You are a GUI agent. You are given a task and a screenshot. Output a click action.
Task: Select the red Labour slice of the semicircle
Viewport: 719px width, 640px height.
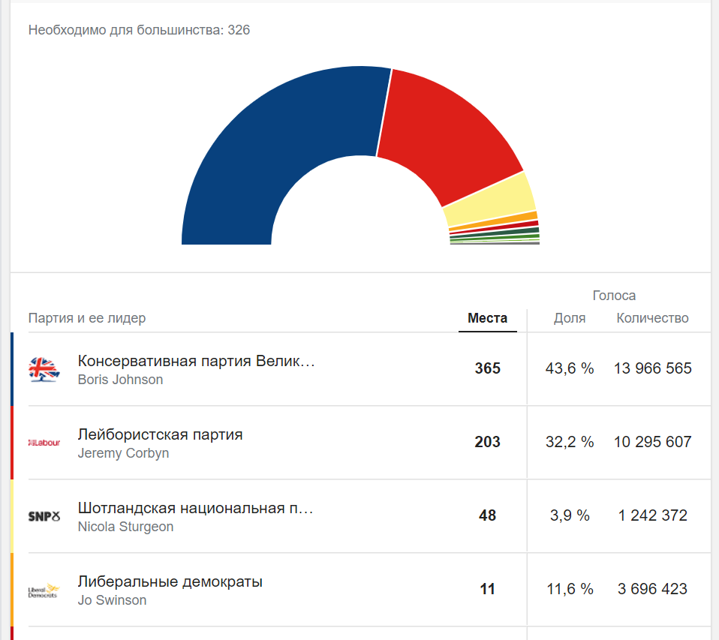pyautogui.click(x=443, y=128)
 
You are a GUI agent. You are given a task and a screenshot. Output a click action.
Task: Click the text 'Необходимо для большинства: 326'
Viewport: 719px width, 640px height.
pyautogui.click(x=139, y=30)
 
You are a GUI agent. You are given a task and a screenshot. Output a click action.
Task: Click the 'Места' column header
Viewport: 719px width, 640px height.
pyautogui.click(x=487, y=318)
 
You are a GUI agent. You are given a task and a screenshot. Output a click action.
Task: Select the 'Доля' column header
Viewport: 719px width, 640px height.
pyautogui.click(x=570, y=318)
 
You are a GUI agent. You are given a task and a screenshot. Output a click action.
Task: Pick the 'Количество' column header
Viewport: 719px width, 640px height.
pyautogui.click(x=652, y=318)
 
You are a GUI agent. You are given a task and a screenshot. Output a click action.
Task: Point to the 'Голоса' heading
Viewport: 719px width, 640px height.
pyautogui.click(x=614, y=296)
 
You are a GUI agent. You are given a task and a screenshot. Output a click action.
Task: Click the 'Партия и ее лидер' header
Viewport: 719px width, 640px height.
pyautogui.click(x=87, y=318)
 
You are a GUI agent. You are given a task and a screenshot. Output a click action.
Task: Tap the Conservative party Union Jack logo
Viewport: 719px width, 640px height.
pyautogui.click(x=44, y=369)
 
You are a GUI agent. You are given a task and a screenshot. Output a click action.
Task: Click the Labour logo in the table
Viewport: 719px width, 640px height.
pyautogui.click(x=44, y=443)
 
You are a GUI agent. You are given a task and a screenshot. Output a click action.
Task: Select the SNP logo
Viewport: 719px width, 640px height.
pyautogui.click(x=44, y=516)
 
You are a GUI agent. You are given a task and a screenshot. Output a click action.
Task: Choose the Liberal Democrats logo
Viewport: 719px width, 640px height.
pyautogui.click(x=44, y=590)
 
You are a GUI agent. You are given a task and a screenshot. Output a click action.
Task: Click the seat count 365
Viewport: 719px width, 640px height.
pyautogui.click(x=487, y=369)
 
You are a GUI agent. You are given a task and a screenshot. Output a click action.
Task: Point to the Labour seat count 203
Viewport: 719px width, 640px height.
pyautogui.click(x=487, y=443)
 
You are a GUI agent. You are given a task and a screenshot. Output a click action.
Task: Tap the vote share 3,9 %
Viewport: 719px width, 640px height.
pyautogui.click(x=570, y=516)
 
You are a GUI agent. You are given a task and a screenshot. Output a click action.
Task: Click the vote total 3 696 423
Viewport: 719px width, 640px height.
pyautogui.click(x=652, y=590)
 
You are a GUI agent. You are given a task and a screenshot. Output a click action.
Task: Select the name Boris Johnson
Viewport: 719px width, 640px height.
pyautogui.click(x=120, y=380)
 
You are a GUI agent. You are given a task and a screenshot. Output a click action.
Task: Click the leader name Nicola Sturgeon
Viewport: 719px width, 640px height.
pyautogui.click(x=125, y=527)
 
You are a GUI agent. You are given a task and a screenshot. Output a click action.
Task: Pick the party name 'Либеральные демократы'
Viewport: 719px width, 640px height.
pyautogui.click(x=170, y=581)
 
